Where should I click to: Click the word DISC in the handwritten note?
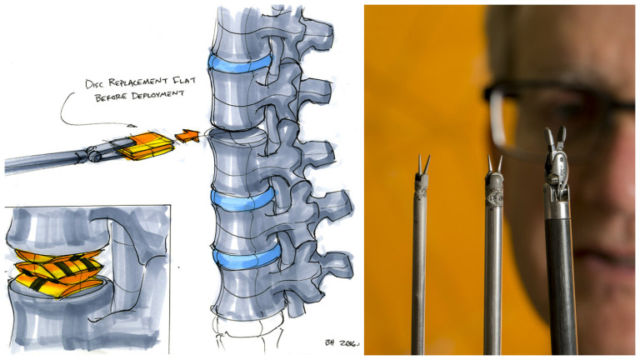pyautogui.click(x=94, y=83)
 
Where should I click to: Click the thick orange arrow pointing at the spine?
pyautogui.click(x=187, y=136)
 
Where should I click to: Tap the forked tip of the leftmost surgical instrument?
pyautogui.click(x=422, y=164)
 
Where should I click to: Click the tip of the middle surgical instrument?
pyautogui.click(x=494, y=164)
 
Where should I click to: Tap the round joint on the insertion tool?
pyautogui.click(x=95, y=155)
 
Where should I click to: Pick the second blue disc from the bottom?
pyautogui.click(x=242, y=199)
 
